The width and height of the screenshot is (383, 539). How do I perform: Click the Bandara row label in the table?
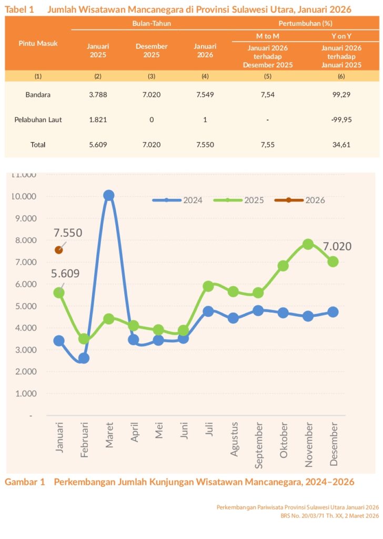coord(38,95)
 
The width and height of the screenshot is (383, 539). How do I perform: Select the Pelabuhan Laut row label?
coord(38,119)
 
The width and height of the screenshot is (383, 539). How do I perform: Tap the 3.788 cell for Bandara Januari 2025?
coord(97,95)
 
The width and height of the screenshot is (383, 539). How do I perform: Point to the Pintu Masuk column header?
coord(38,43)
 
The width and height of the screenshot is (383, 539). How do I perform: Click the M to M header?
coord(267,35)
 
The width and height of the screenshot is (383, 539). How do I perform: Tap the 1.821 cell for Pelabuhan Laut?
coord(97,119)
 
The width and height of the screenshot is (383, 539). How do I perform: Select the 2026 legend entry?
coord(315,200)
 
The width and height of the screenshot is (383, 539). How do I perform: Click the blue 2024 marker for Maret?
coord(109,195)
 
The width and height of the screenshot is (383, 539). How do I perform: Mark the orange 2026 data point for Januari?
coord(59,250)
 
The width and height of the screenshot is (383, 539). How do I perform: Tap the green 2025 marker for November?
coord(308,244)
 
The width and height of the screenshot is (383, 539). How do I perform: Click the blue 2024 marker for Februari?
coord(84,358)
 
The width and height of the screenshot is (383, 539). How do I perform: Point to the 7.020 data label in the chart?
coord(337,246)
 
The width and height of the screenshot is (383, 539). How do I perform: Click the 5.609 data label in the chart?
coord(65,273)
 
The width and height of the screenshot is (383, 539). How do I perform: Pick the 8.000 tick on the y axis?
coord(24,240)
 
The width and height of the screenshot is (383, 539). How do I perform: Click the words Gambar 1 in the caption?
coord(25,482)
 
